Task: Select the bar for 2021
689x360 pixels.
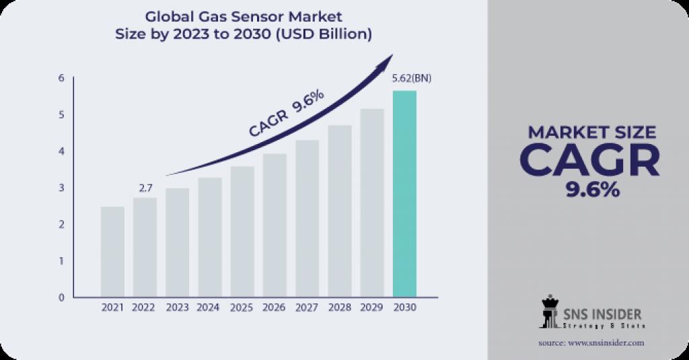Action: (112, 251)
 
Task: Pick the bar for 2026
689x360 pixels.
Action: (275, 225)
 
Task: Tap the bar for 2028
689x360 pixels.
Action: (340, 211)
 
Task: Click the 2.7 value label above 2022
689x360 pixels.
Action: (145, 188)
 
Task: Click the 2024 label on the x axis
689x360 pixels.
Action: (209, 308)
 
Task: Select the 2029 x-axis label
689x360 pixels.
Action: (372, 308)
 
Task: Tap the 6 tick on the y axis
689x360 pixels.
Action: (61, 78)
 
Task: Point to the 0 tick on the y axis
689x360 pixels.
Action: (61, 297)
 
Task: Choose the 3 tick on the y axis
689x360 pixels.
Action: (61, 188)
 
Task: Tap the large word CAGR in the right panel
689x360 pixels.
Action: (590, 162)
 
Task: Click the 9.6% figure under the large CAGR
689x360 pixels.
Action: (590, 191)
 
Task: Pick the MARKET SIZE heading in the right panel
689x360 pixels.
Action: (590, 133)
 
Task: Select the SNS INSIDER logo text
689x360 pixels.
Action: (602, 314)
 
